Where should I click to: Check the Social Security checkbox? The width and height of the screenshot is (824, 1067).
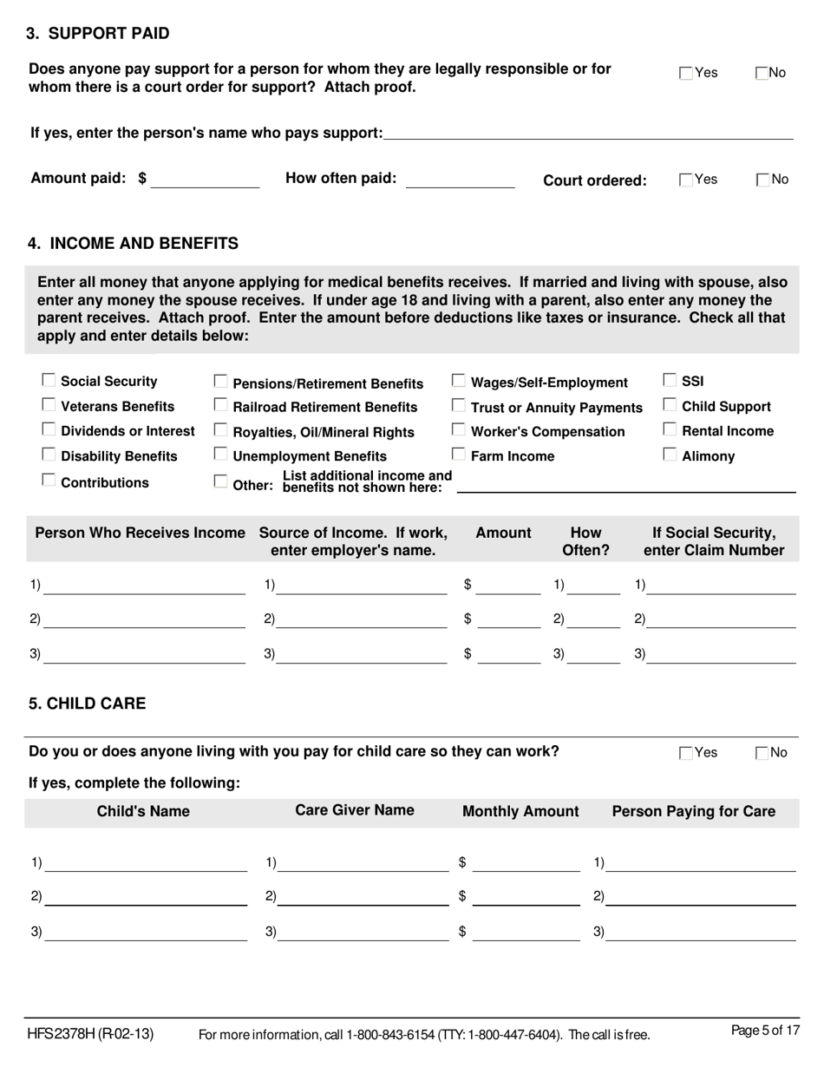click(49, 380)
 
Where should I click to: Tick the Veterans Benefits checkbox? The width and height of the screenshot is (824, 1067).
click(49, 405)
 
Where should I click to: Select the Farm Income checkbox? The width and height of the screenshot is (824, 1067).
click(459, 455)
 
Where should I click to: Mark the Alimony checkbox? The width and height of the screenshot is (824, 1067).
click(670, 455)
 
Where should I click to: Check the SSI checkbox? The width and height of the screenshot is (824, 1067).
click(670, 380)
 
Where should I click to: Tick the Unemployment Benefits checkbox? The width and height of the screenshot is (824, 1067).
click(221, 455)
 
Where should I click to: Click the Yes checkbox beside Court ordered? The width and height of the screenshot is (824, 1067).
click(686, 180)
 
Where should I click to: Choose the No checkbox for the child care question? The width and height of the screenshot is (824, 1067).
click(762, 753)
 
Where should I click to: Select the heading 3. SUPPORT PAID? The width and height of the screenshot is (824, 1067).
click(98, 34)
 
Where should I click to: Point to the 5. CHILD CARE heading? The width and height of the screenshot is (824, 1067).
click(88, 704)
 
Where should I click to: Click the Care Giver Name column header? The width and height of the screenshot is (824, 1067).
click(355, 810)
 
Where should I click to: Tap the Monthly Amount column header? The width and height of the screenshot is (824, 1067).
click(520, 811)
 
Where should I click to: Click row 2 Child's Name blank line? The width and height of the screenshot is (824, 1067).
click(146, 897)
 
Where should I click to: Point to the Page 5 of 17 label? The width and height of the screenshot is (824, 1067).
click(765, 1031)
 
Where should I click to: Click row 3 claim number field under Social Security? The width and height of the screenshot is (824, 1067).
click(722, 655)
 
